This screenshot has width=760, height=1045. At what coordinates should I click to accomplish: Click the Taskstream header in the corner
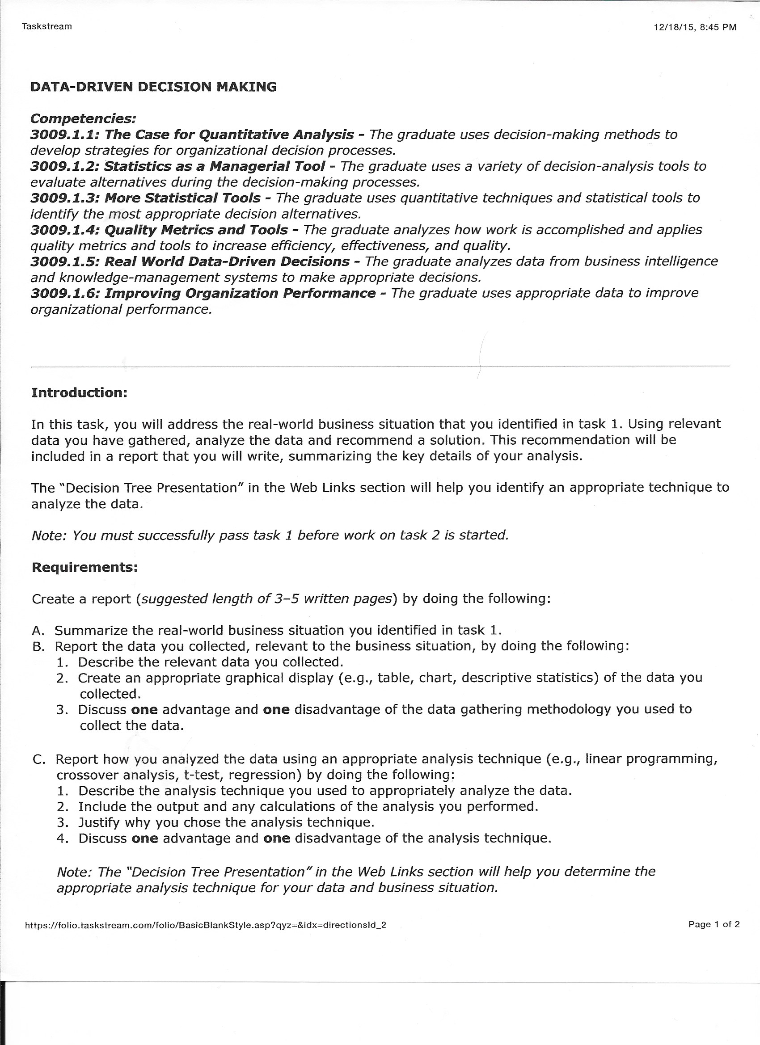click(46, 26)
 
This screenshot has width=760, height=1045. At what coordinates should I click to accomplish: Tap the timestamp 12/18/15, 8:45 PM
click(695, 27)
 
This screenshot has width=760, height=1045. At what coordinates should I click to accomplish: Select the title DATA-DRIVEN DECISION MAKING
click(153, 87)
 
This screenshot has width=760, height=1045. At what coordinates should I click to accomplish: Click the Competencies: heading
click(83, 118)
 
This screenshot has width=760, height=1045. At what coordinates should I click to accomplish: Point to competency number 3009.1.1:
click(65, 135)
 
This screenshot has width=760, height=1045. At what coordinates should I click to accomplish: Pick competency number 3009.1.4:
click(65, 229)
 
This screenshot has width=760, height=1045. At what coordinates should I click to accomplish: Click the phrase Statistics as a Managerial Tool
click(214, 166)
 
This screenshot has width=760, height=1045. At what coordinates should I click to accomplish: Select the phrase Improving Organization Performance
click(240, 293)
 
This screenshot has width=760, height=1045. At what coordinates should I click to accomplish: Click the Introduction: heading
click(79, 392)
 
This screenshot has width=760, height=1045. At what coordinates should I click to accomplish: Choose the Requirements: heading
click(85, 567)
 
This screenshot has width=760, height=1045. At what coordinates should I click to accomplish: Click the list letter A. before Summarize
click(39, 630)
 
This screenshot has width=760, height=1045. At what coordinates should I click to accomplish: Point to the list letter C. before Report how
click(39, 759)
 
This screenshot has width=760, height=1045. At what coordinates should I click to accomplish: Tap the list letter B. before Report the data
click(39, 646)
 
